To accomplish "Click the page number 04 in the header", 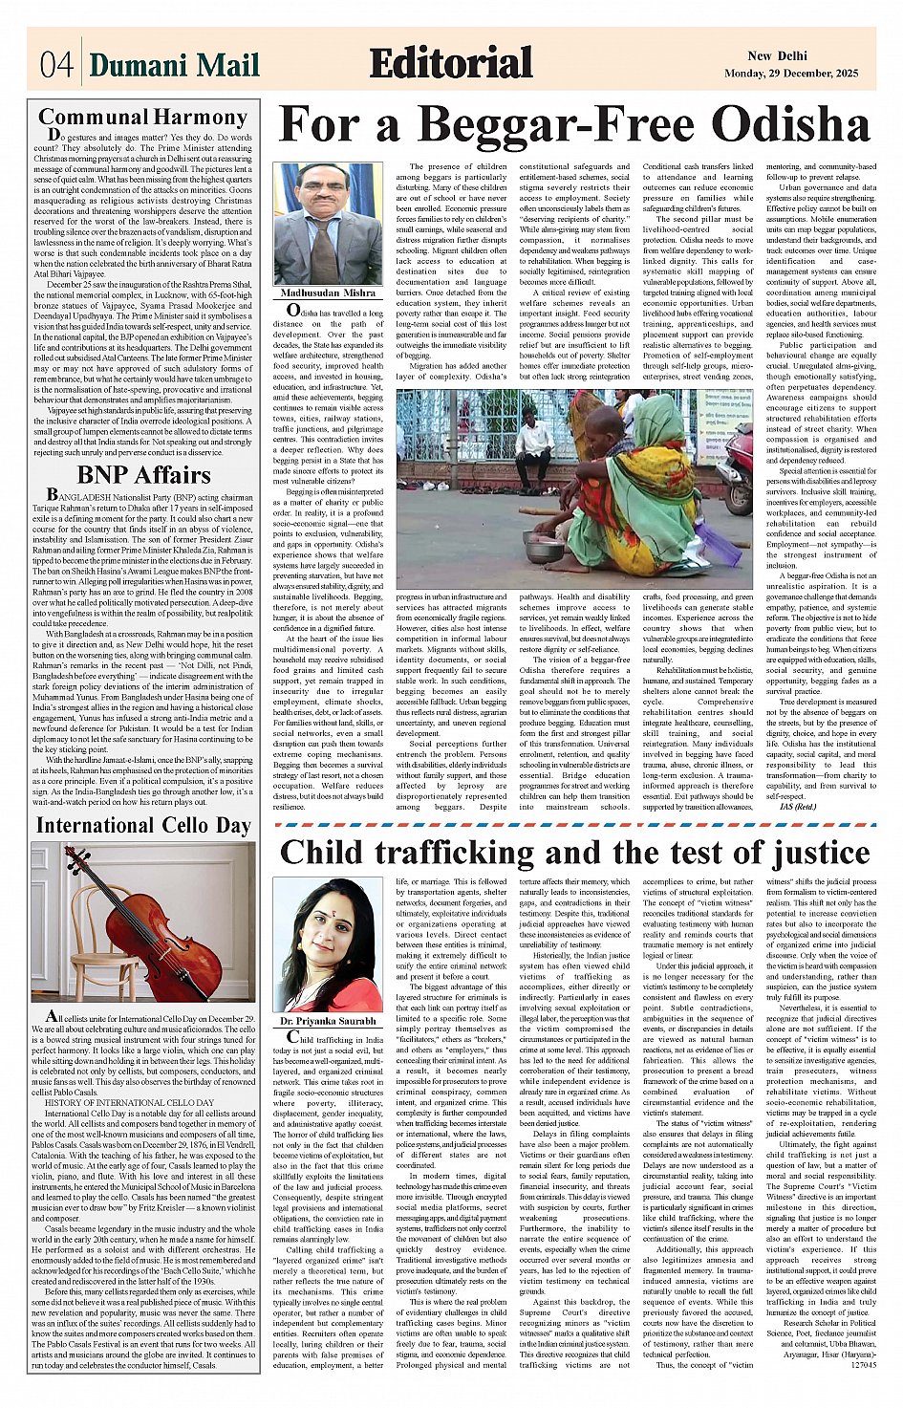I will (x=55, y=65).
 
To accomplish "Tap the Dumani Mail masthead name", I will (x=174, y=65).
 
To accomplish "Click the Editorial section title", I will (x=450, y=63).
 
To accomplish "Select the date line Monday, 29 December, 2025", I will (x=790, y=74).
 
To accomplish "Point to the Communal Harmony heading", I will (x=142, y=118).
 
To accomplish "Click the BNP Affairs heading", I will (x=143, y=475).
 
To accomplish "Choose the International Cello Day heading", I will (x=143, y=826).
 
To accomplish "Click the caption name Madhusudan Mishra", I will (x=328, y=293).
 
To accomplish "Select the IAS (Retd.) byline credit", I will (x=799, y=807).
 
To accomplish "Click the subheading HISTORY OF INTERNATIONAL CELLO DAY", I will (x=130, y=1102).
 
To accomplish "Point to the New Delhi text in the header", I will (x=777, y=56).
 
